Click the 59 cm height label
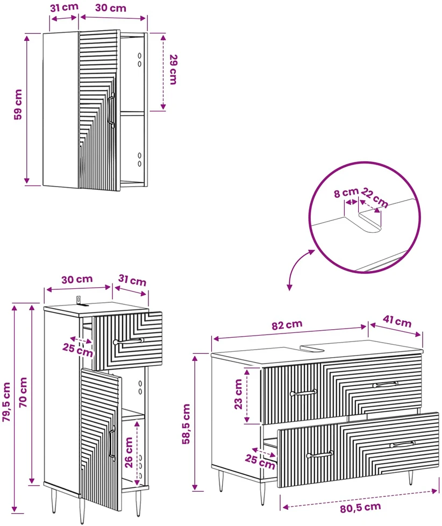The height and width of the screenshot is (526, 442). [18, 104]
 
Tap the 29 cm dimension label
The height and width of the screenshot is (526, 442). [173, 69]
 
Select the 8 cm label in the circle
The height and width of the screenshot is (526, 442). [346, 193]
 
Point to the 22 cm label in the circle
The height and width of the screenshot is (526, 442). [375, 198]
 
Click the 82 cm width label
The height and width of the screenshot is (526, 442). [287, 325]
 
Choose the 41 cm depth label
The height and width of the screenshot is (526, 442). [397, 321]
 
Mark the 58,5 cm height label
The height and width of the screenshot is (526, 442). [186, 424]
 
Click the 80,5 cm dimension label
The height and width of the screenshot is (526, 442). [360, 507]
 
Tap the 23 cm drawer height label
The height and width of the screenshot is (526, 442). [238, 394]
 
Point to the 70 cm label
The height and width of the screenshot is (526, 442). [23, 392]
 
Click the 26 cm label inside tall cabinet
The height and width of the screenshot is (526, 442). [129, 452]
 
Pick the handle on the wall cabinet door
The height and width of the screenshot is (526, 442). [112, 110]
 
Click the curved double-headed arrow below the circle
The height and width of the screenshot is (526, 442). [295, 266]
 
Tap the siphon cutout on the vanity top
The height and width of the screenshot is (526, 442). [312, 349]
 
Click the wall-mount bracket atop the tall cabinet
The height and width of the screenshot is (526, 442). [79, 301]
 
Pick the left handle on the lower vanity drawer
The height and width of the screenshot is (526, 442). [320, 454]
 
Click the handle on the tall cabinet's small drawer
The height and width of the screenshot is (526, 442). [129, 341]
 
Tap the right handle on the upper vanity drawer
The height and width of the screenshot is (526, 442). [386, 384]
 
